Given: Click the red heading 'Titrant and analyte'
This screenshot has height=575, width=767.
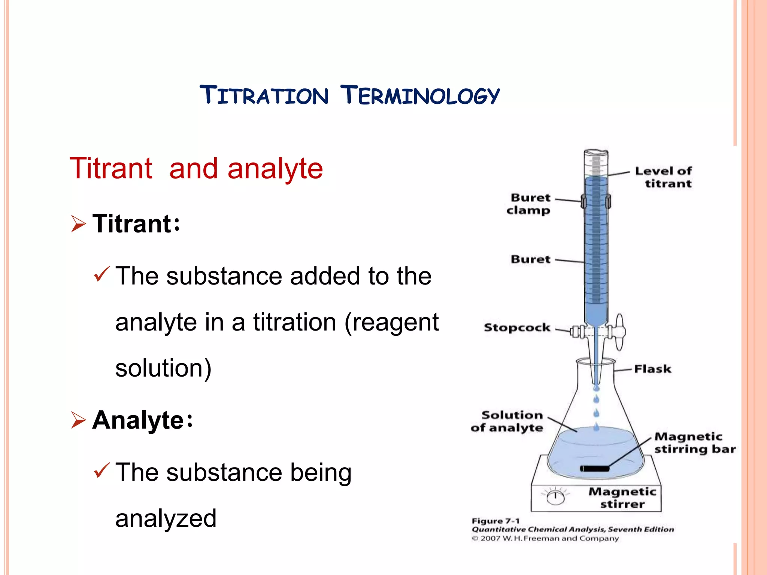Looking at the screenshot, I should point(196,169).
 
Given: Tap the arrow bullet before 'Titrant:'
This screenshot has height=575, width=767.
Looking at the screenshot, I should point(78,224).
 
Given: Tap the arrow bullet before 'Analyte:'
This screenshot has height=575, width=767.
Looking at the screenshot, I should point(78,420).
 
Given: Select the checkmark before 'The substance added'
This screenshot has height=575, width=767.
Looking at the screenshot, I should point(101,274).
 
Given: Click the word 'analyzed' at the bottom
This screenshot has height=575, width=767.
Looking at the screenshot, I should point(166,518).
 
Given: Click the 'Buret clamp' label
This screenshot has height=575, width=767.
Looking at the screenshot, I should point(529,204).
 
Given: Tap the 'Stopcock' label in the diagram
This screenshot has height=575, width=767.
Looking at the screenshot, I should point(517,328).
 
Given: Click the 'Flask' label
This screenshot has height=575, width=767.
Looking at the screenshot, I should point(652,369).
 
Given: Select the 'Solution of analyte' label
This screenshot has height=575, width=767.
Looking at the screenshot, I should point(507,422).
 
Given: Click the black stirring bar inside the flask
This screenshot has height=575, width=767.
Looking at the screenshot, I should point(595,468).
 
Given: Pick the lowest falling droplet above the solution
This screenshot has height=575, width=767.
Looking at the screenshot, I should point(596,427).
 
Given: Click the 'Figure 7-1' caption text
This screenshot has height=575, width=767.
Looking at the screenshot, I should point(495,521).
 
